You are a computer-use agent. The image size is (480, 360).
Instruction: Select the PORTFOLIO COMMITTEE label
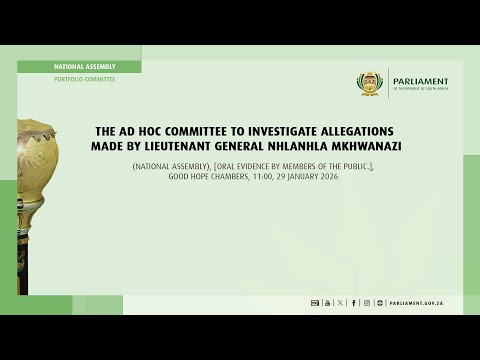85,79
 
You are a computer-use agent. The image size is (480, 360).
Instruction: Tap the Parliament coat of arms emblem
371,85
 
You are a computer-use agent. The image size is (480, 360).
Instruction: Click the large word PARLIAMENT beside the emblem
420,82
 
